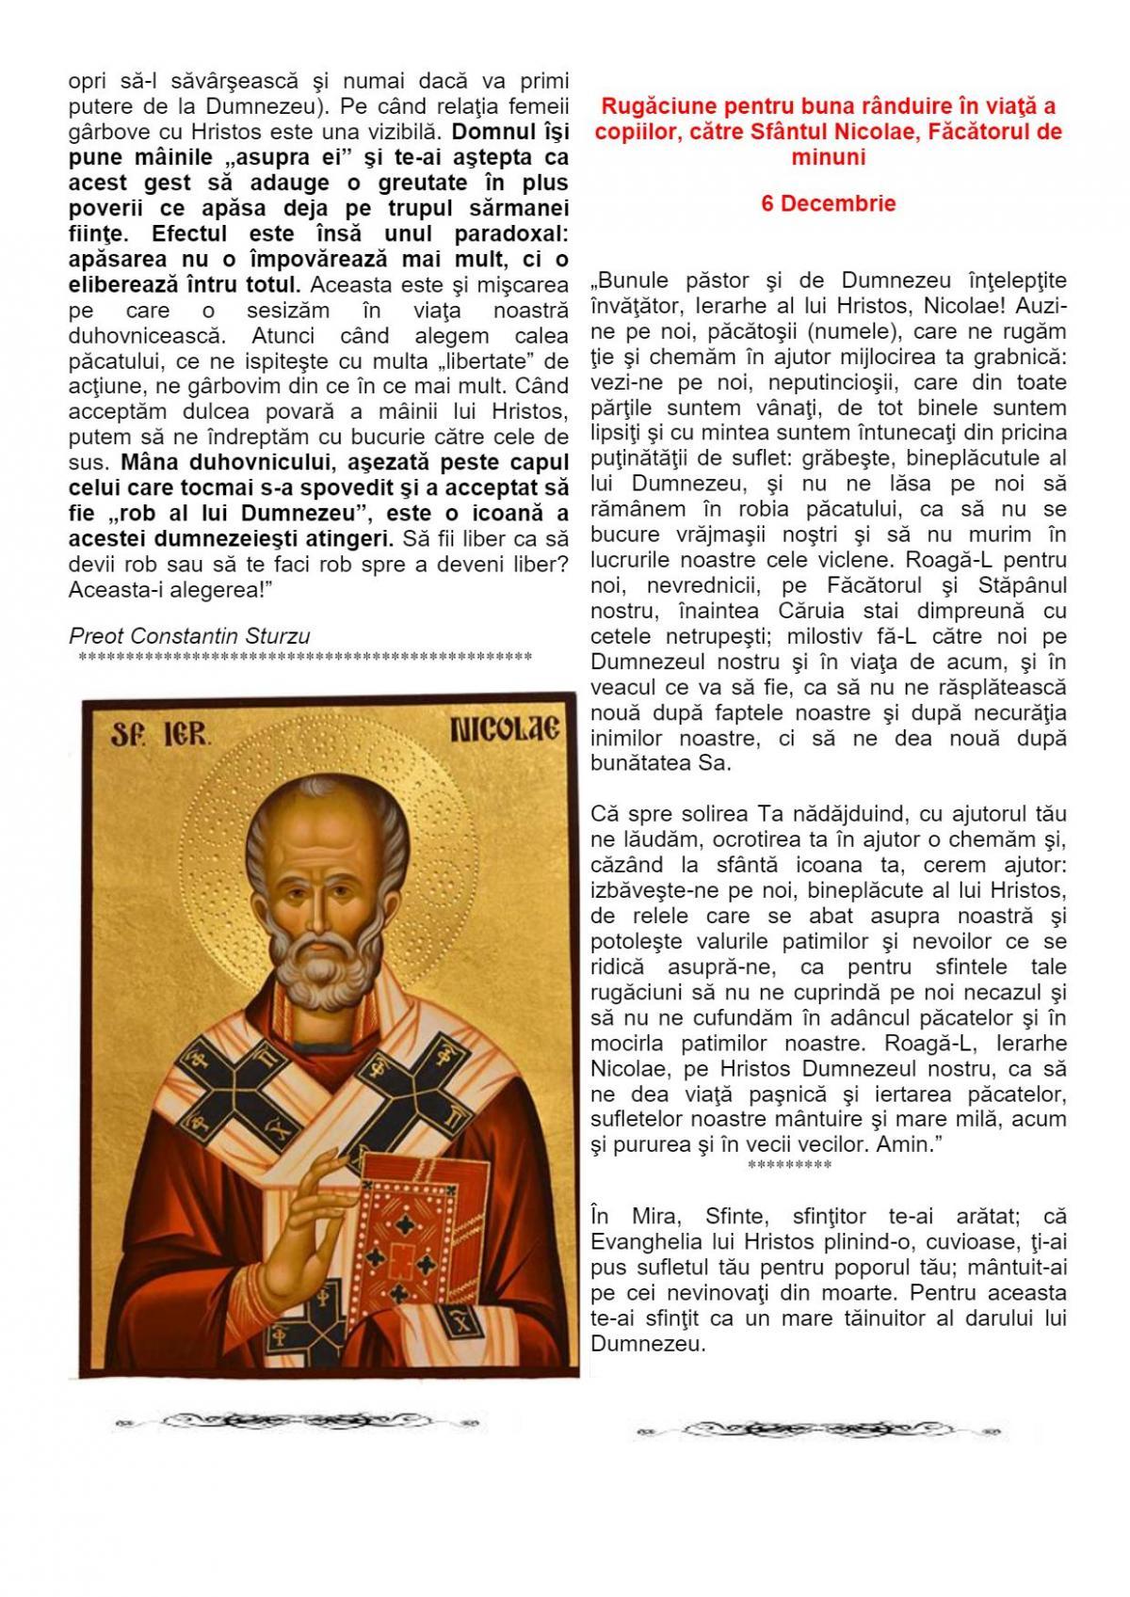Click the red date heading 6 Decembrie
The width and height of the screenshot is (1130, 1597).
pos(828,203)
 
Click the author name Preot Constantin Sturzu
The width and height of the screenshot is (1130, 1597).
pos(189,635)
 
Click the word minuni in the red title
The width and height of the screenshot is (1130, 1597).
pos(828,157)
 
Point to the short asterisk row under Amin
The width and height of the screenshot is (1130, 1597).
pos(789,1166)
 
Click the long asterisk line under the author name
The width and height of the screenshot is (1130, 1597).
pos(306,656)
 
